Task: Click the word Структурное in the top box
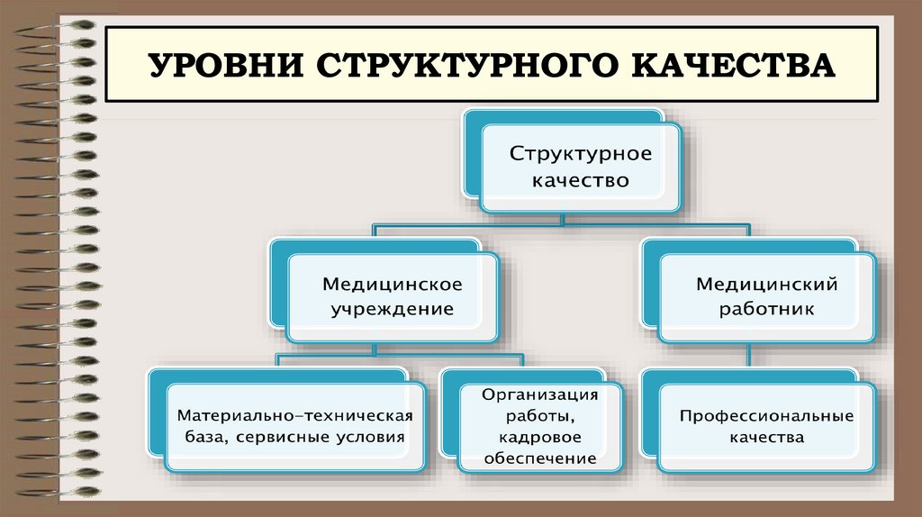[581, 153]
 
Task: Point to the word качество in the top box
[581, 180]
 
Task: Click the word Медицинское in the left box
[393, 285]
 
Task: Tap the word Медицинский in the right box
[767, 285]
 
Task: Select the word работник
[767, 311]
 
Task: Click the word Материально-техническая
[294, 416]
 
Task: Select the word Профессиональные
[766, 417]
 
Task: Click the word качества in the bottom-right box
[766, 439]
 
